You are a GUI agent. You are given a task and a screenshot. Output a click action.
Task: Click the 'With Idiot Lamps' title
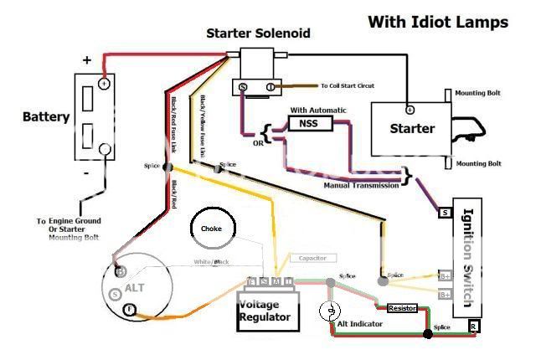pos(437,23)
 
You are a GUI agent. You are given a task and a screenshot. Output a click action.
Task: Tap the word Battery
pos(46,117)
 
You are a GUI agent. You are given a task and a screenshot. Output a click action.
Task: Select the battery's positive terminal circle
pos(104,84)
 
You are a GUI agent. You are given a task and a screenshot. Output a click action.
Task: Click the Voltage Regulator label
pos(265,311)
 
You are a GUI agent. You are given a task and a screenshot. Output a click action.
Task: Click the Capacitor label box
pos(312,259)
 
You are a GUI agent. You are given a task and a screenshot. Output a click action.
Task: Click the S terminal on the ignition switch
pos(446,213)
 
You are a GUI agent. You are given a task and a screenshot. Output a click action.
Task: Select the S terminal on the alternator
pos(115,294)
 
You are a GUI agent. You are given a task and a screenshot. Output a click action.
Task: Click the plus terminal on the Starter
pos(410,109)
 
